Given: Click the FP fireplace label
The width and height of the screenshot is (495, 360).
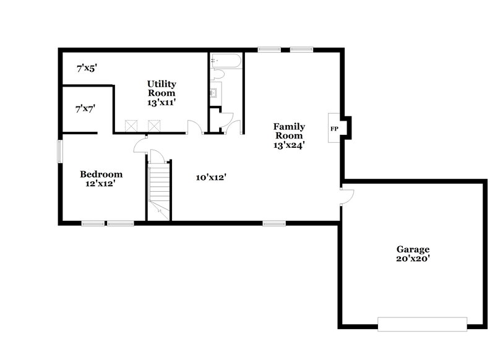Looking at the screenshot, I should (x=334, y=128).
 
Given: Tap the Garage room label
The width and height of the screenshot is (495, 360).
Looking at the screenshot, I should (x=413, y=249).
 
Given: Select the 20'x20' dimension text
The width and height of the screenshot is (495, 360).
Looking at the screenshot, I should (x=413, y=260).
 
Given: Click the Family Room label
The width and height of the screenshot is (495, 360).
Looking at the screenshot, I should (x=290, y=131).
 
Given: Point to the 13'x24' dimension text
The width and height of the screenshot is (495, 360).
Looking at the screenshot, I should (x=290, y=145).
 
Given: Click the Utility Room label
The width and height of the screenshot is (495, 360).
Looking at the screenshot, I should (x=162, y=88).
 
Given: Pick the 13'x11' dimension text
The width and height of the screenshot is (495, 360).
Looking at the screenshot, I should (x=162, y=103).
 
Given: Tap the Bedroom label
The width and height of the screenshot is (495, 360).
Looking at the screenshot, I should (x=101, y=174).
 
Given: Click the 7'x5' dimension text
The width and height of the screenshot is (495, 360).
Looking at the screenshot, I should (x=87, y=69).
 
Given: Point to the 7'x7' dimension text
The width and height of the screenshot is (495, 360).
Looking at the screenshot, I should (x=84, y=109).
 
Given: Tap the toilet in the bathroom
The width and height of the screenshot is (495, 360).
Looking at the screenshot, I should (x=217, y=75).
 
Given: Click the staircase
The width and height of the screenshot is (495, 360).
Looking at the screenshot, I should (x=158, y=186).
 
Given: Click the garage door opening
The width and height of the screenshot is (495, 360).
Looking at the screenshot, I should (x=422, y=324).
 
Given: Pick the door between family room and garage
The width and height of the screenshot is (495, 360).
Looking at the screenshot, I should (x=346, y=197).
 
